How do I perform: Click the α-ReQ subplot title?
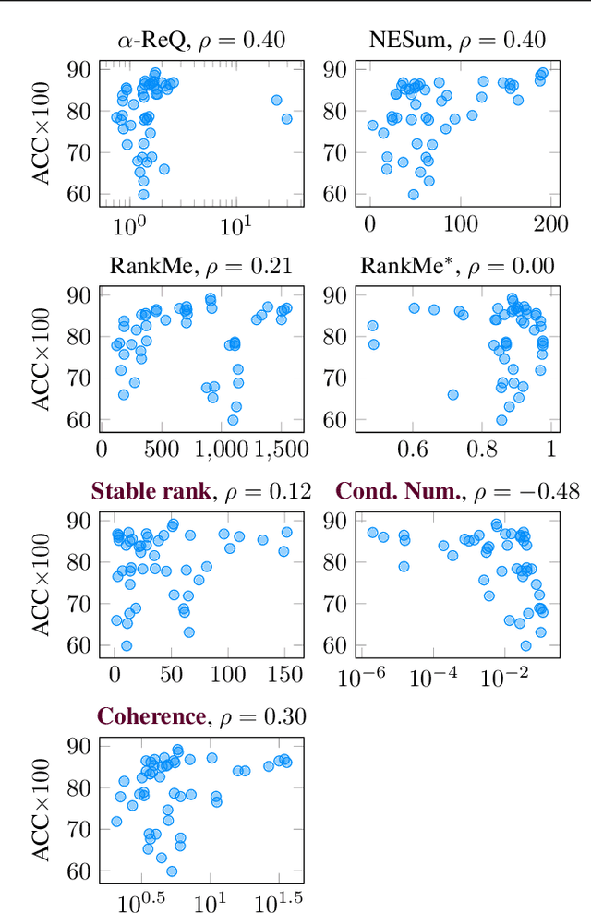click(200, 40)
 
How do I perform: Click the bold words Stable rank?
click(151, 491)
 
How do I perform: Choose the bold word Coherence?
click(150, 716)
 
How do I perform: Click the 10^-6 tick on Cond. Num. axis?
click(349, 678)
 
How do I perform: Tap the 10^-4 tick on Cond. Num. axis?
click(431, 678)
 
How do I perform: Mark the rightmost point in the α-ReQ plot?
click(287, 118)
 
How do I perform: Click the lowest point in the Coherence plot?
click(172, 871)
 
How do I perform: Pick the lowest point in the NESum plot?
click(413, 194)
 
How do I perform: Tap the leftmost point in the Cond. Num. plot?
click(373, 533)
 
